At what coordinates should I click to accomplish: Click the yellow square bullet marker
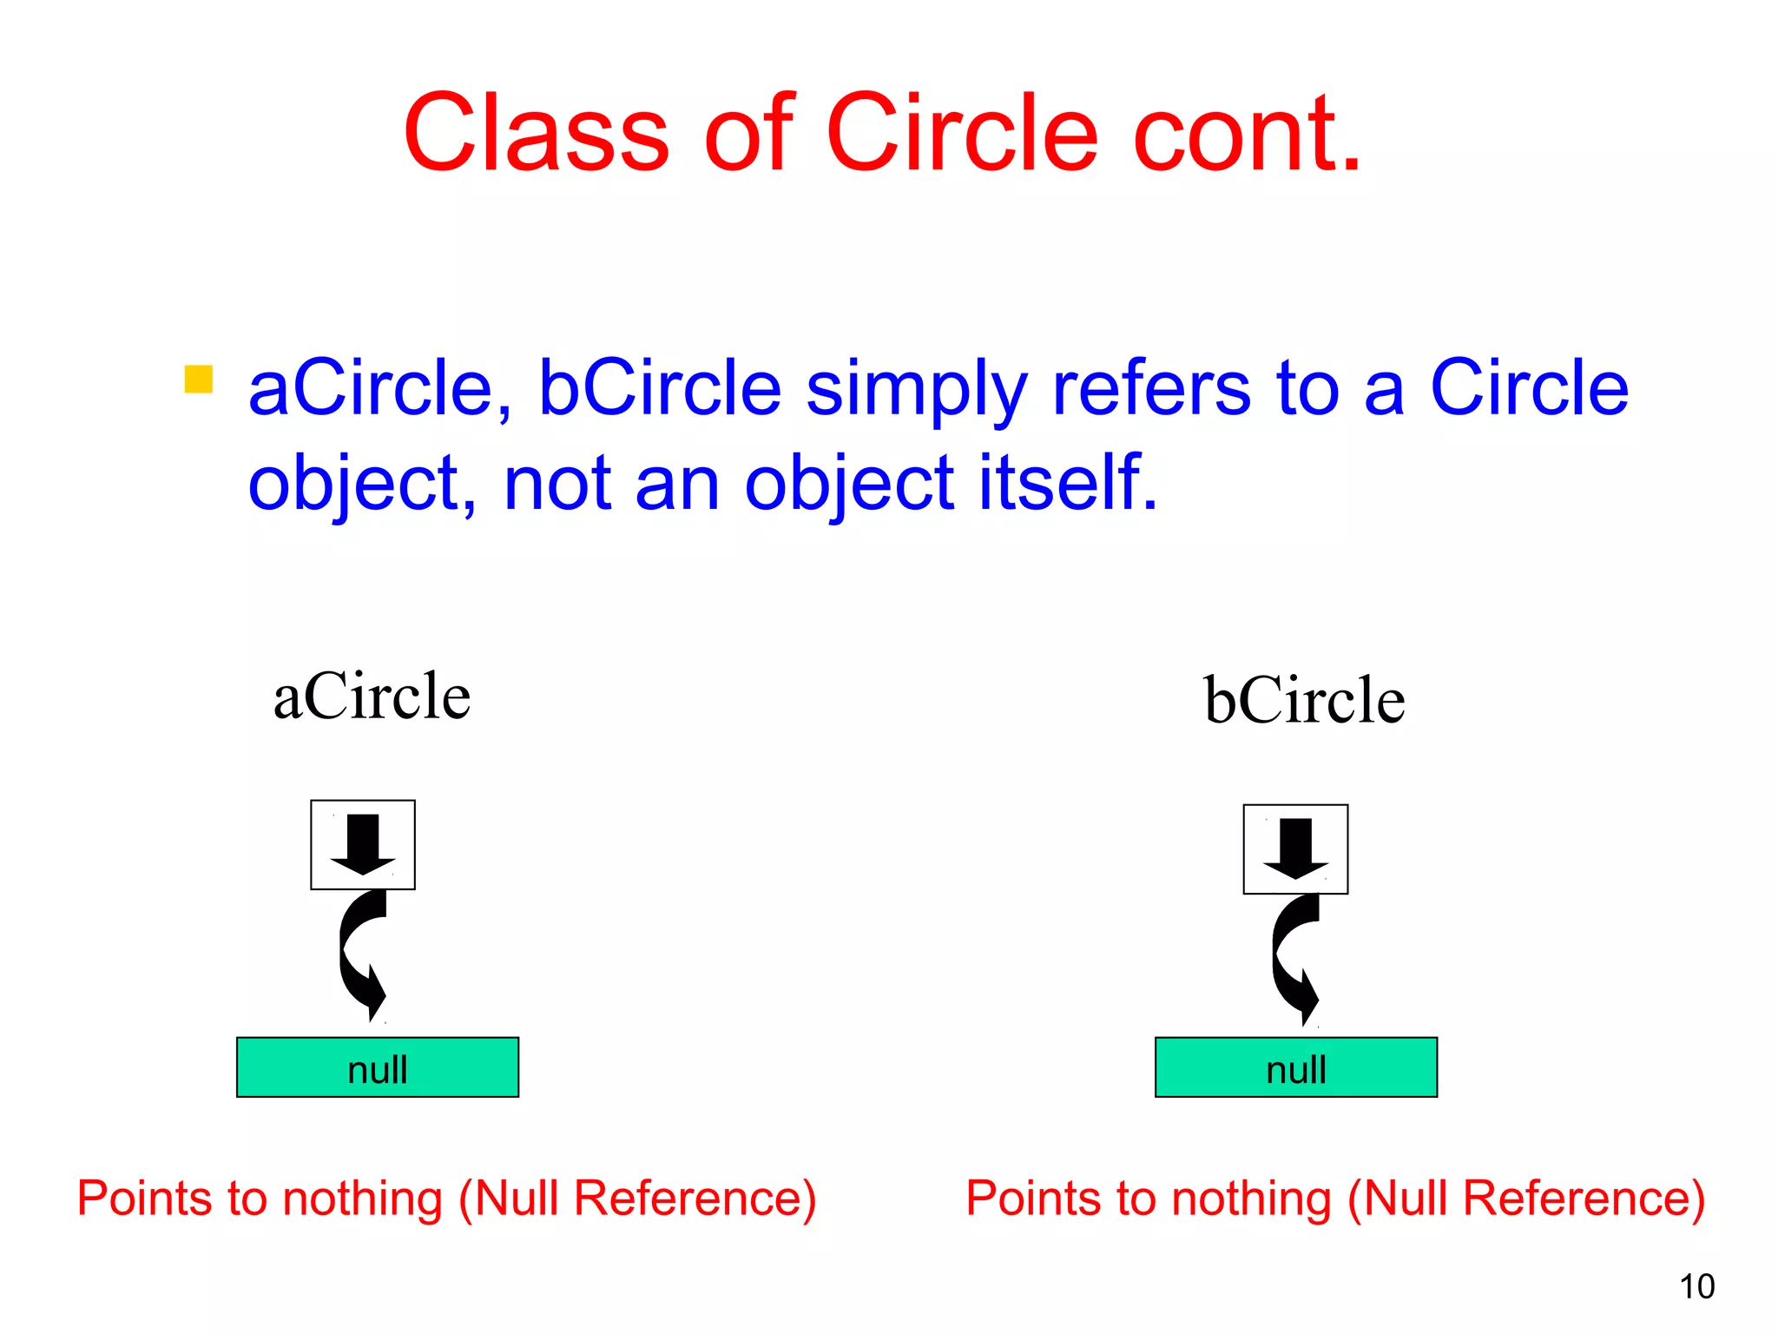pyautogui.click(x=199, y=380)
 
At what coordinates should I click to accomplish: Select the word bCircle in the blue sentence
pyautogui.click(x=660, y=388)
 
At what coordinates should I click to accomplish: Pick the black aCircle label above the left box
pyautogui.click(x=372, y=697)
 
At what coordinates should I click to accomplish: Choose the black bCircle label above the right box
pyautogui.click(x=1304, y=700)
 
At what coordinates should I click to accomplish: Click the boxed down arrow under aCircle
pyautogui.click(x=363, y=844)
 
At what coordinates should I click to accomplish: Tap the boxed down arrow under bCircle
pyautogui.click(x=1295, y=849)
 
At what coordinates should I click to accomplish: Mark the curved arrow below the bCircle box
pyautogui.click(x=1294, y=960)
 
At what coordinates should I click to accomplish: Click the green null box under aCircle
pyautogui.click(x=378, y=1067)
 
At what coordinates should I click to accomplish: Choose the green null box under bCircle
pyautogui.click(x=1295, y=1067)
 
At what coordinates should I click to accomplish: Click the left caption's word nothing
pyautogui.click(x=363, y=1199)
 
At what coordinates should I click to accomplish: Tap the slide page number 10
pyautogui.click(x=1696, y=1286)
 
